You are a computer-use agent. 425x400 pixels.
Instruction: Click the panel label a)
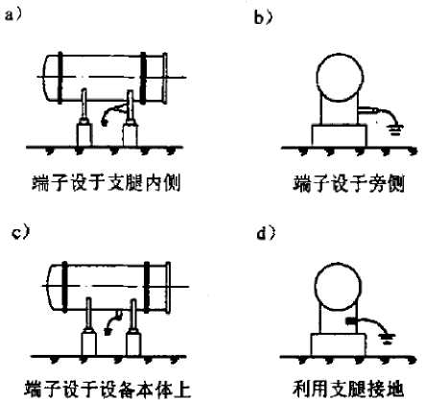(x=12, y=14)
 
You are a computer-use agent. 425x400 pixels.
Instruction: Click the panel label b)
(x=263, y=17)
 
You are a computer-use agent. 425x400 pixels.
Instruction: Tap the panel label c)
(x=20, y=233)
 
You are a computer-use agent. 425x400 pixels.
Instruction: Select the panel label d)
(x=266, y=234)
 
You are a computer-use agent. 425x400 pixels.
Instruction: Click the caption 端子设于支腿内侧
(x=106, y=183)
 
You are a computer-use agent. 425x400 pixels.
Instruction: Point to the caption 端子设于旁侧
(x=349, y=183)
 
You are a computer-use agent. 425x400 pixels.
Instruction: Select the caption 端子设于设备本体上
(x=107, y=389)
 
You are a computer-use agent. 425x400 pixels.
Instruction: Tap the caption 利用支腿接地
(x=348, y=388)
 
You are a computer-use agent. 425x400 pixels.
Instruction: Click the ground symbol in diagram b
(x=395, y=130)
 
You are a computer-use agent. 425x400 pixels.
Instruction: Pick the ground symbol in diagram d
(x=387, y=340)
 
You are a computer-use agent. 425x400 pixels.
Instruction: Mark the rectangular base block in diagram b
(x=340, y=136)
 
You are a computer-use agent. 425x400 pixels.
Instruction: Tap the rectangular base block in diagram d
(x=339, y=345)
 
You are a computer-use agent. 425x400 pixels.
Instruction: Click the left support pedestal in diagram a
(x=84, y=132)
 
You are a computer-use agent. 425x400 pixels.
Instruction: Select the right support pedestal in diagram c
(x=134, y=342)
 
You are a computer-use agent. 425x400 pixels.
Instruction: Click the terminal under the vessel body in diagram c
(x=119, y=315)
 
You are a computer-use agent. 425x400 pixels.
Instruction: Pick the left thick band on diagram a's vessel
(x=60, y=79)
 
